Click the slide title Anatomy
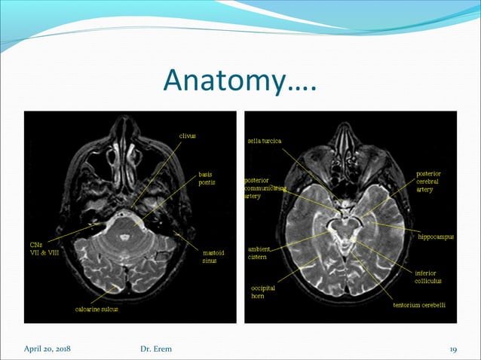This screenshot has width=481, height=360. click(x=239, y=81)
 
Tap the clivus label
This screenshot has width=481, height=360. click(x=187, y=136)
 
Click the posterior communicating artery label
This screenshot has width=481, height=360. click(x=263, y=188)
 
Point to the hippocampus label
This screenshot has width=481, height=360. click(x=436, y=236)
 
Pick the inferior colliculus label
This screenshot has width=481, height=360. click(x=433, y=276)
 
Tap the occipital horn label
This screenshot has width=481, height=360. click(x=263, y=291)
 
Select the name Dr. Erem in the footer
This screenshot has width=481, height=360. click(x=157, y=348)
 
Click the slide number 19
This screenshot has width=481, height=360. click(x=454, y=348)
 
